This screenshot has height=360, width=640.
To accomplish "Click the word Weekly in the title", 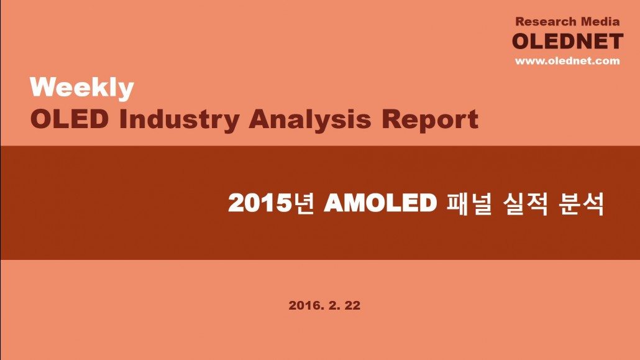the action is (x=81, y=88).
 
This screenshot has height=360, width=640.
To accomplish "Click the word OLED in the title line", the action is (x=70, y=119).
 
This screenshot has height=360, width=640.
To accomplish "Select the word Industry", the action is (x=179, y=120).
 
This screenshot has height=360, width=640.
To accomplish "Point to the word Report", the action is (x=430, y=120).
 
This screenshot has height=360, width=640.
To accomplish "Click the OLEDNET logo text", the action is (x=567, y=41).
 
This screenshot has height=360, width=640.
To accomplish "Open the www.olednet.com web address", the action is (x=567, y=61).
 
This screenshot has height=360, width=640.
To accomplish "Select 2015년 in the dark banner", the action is (x=272, y=203).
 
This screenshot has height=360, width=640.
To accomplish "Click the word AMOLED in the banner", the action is (x=380, y=203).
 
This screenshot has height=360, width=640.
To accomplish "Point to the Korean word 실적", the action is (x=525, y=203).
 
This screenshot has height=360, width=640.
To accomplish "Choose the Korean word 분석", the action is (x=581, y=203).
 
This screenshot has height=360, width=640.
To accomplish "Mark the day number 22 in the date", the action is (x=353, y=305).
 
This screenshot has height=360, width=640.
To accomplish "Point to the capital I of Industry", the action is (x=123, y=119).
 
